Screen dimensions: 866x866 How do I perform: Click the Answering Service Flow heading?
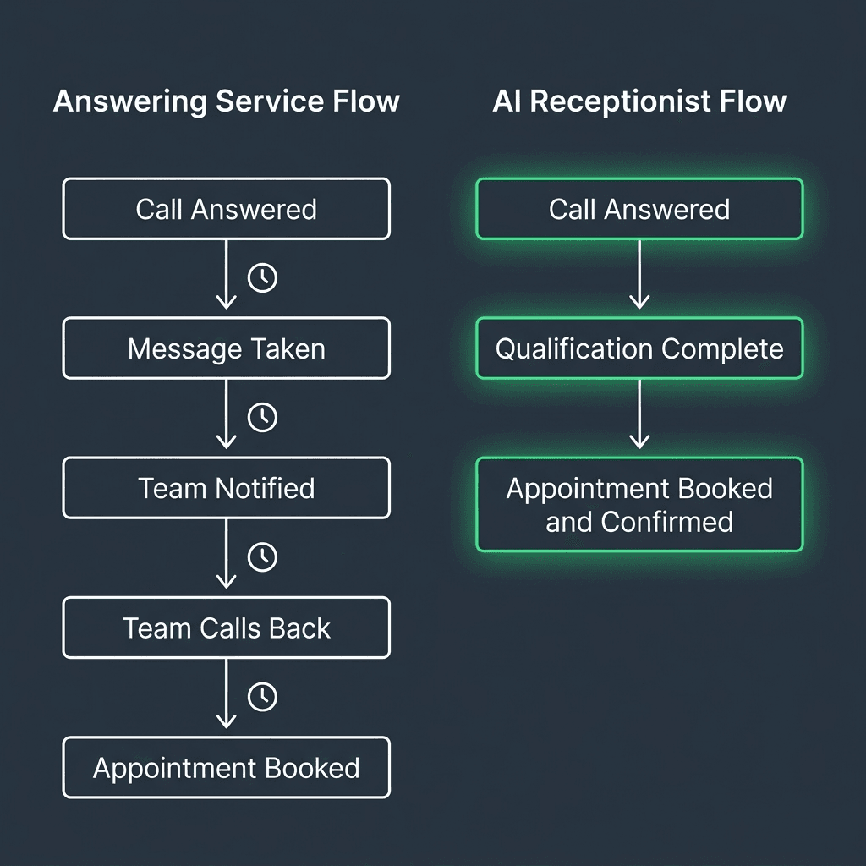226,101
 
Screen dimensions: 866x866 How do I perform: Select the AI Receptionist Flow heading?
639,101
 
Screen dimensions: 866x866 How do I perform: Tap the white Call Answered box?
226,209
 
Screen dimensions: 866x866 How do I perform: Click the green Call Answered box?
639,209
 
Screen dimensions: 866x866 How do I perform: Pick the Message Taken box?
226,348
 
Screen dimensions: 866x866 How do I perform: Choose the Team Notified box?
226,488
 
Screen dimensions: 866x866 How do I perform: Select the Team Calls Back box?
226,628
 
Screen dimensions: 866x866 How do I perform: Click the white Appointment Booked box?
226,768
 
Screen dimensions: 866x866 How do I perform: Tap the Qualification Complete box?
639,348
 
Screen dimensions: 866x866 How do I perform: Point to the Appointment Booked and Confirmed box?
639,505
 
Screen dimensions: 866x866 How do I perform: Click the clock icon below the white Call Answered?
262,277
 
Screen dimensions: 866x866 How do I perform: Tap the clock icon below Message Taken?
262,417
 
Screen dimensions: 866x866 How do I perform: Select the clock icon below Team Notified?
262,556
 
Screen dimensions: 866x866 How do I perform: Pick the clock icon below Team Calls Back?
262,696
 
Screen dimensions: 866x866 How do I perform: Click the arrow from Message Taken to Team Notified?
226,414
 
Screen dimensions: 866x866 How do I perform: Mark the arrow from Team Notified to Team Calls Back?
226,554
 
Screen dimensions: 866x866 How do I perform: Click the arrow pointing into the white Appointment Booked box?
226,693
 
